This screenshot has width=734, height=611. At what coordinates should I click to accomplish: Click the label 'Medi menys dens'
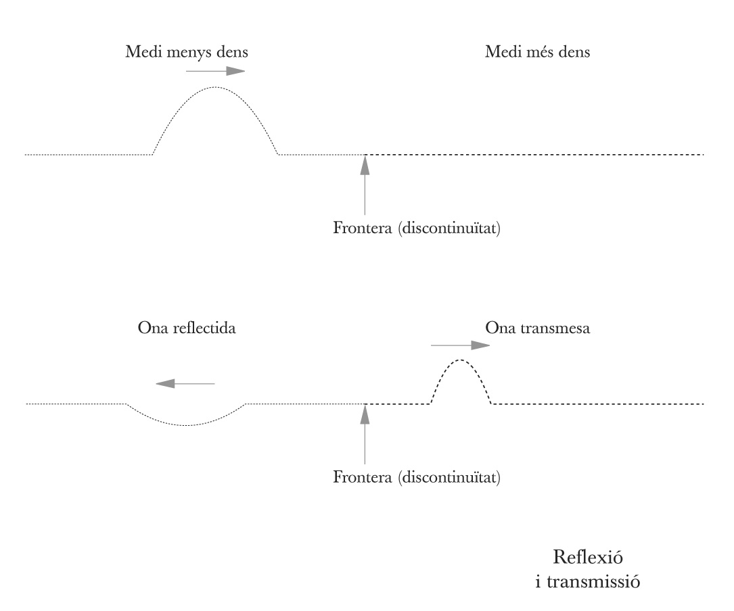[186, 52]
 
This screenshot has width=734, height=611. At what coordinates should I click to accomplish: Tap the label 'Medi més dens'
[537, 51]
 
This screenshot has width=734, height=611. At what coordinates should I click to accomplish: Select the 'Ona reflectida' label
[187, 328]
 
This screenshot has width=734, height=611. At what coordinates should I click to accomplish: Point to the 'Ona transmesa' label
[537, 328]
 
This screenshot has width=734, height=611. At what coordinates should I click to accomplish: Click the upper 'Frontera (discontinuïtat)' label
[417, 228]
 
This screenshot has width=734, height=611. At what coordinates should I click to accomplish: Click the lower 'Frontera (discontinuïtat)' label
[417, 477]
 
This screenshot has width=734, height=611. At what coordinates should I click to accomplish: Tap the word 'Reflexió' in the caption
[588, 557]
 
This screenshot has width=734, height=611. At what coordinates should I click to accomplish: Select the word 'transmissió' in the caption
[593, 581]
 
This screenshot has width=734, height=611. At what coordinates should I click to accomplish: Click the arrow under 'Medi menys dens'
[215, 71]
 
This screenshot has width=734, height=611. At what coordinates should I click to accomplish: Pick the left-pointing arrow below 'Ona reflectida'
[185, 384]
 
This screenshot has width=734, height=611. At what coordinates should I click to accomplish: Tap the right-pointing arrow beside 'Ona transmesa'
[460, 345]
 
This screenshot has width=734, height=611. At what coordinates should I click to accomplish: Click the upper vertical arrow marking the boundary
[365, 185]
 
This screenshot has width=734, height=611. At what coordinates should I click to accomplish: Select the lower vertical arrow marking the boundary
[365, 435]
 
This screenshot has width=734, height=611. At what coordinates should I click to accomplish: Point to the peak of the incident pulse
[215, 87]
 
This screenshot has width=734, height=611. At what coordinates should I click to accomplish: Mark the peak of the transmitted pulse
[461, 360]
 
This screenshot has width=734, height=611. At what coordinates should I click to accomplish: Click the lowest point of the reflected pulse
[186, 425]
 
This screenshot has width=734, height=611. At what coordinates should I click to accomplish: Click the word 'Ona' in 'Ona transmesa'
[500, 328]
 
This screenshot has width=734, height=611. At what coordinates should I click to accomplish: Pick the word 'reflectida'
[204, 328]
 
